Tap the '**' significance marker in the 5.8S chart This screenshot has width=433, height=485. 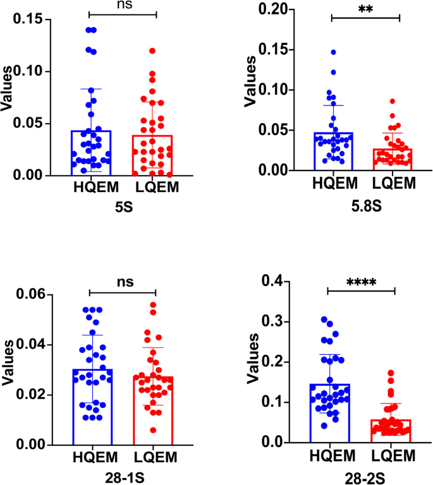tap(365, 9)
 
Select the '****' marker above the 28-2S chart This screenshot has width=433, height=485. tap(360, 282)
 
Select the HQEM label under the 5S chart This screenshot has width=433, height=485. tap(92, 187)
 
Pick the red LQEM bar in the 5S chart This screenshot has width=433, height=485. tap(152, 155)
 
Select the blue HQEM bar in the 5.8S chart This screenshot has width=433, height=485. tap(332, 152)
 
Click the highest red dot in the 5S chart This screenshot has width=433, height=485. tap(152, 51)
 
